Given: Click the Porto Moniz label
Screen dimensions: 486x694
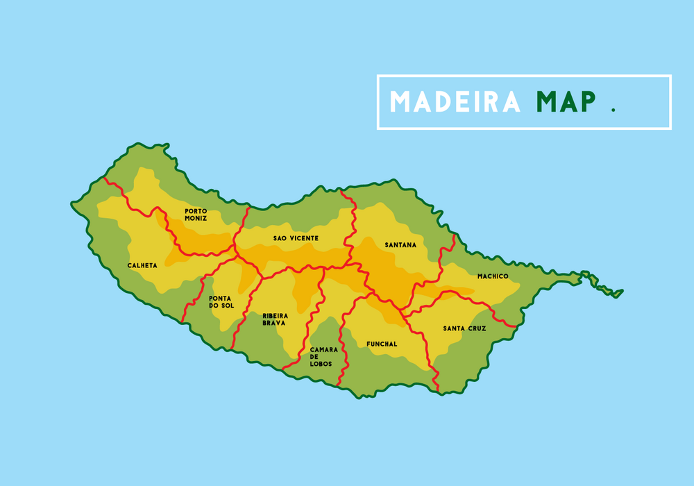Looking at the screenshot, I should [196, 215].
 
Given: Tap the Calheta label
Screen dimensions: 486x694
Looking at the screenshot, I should [142, 265].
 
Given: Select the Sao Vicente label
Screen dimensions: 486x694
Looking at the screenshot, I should [296, 238].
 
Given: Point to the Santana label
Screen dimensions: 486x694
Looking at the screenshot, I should [400, 245].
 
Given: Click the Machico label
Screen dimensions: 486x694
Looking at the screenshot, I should [493, 276].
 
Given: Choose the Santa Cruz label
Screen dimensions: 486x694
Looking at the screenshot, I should [465, 328].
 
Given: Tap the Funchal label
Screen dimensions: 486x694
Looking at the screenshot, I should [382, 344].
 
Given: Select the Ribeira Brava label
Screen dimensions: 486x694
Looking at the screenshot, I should [274, 319].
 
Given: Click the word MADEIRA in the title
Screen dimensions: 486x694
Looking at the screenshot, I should [455, 102].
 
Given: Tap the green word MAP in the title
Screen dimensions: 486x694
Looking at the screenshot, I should [566, 102].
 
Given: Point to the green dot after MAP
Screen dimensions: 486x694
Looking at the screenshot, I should [613, 110].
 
